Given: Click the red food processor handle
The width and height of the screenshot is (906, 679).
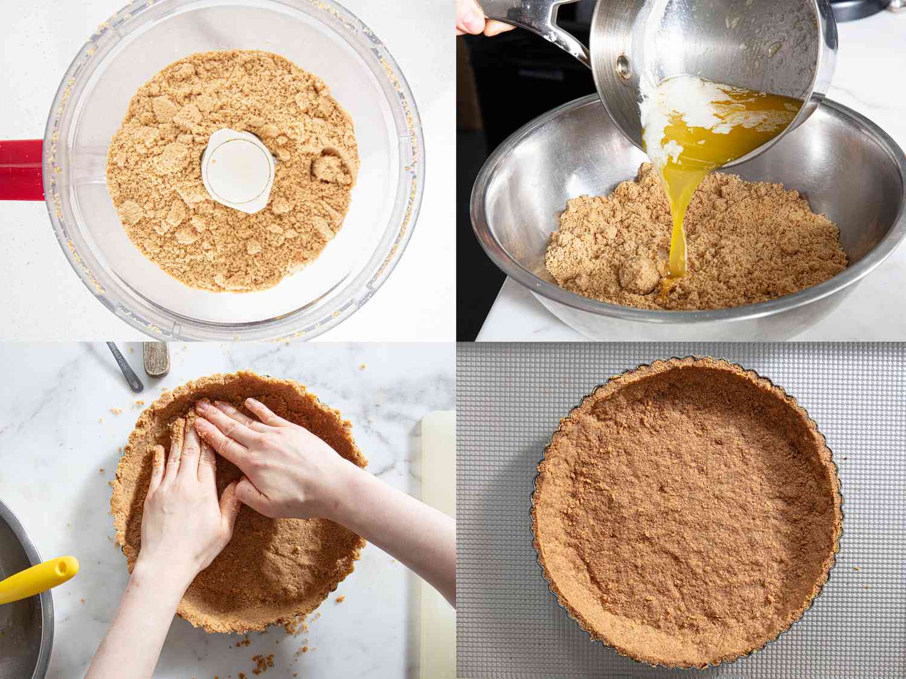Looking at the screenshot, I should (21, 170).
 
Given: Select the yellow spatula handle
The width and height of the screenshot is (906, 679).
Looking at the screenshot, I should (39, 578).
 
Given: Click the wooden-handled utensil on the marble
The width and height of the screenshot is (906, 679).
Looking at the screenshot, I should (156, 359).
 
